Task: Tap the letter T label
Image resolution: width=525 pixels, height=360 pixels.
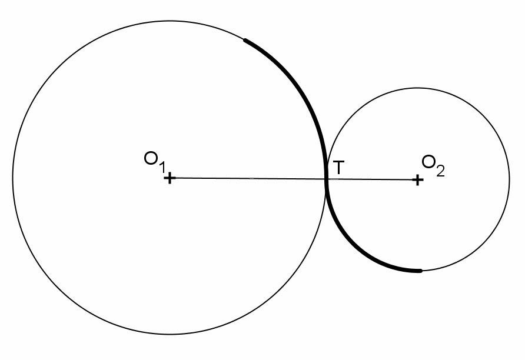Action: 338,168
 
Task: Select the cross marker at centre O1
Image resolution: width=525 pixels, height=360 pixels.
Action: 169,178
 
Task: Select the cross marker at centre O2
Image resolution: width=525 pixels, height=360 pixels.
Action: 417,179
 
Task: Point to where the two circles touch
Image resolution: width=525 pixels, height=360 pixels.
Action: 326,179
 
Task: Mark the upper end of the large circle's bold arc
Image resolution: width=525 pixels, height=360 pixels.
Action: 245,40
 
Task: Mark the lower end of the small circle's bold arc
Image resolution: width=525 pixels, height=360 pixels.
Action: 420,271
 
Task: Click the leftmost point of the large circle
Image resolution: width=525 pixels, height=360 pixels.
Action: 12,178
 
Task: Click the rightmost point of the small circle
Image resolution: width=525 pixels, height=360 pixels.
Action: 510,179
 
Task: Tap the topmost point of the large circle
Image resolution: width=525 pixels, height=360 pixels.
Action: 169,21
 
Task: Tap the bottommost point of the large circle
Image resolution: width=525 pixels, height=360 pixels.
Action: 169,335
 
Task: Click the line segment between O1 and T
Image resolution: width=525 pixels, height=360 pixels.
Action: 247,178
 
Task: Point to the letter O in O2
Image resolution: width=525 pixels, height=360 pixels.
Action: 429,162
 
